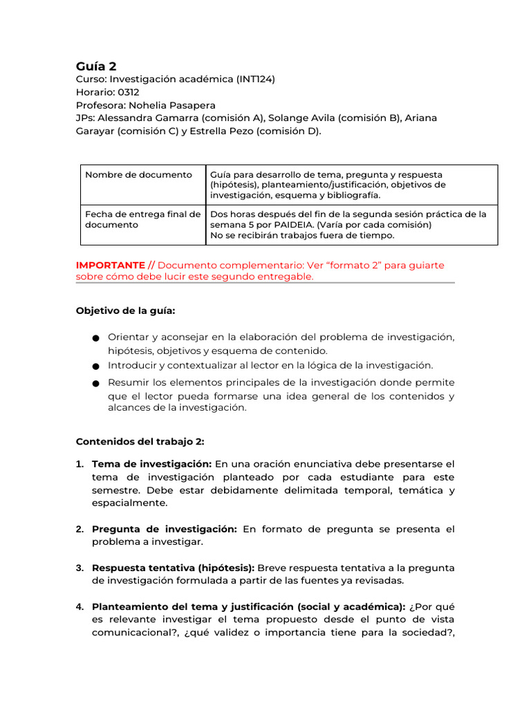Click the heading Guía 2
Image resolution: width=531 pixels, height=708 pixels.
[96, 66]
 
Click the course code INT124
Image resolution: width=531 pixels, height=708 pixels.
[255, 80]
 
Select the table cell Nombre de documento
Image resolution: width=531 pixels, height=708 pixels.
[138, 175]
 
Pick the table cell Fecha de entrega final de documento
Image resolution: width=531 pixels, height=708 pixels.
[142, 219]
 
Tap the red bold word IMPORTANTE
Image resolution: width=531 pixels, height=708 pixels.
[110, 265]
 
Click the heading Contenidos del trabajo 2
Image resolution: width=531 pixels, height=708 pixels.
[140, 441]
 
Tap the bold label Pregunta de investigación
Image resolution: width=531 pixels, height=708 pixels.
[165, 530]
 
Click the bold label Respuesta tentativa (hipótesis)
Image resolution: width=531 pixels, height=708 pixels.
[173, 568]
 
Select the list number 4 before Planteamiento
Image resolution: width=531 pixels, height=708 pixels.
[80, 607]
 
